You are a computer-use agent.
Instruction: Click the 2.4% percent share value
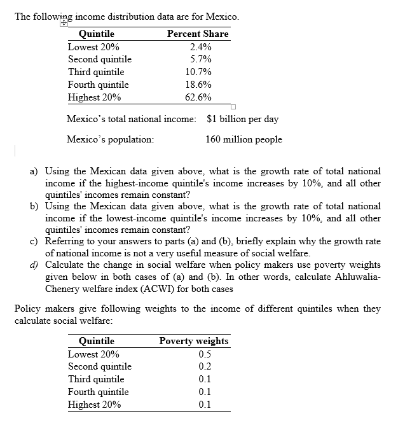tap(201, 46)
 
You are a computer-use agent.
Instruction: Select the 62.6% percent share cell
tap(198, 97)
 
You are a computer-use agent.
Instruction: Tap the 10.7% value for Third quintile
tap(198, 72)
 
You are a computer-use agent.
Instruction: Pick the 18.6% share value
tap(198, 85)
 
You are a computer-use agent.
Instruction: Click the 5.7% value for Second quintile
tap(201, 59)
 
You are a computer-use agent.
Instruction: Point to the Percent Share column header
tap(197, 34)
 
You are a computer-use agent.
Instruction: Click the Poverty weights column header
tap(194, 341)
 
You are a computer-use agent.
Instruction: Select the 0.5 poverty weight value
tap(205, 354)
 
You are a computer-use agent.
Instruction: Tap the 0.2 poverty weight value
tap(205, 366)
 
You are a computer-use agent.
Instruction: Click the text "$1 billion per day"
tap(243, 119)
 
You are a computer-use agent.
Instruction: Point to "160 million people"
tap(244, 139)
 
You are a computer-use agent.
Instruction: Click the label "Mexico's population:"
tap(110, 139)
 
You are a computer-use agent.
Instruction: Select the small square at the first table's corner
tap(233, 107)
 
